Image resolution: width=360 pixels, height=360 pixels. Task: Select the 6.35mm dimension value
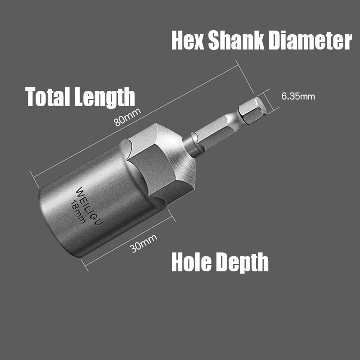point(298,96)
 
